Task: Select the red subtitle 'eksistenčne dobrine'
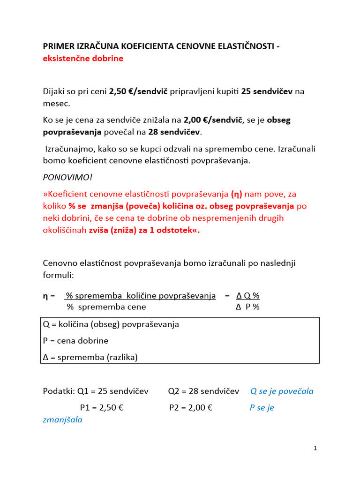pyautogui.click(x=83, y=58)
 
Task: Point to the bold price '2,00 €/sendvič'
pyautogui.click(x=213, y=120)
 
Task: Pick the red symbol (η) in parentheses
pyautogui.click(x=236, y=194)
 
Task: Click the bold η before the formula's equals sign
pyautogui.click(x=45, y=296)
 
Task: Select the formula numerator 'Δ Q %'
pyautogui.click(x=248, y=296)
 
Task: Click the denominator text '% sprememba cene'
pyautogui.click(x=106, y=307)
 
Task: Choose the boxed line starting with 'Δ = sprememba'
pyautogui.click(x=90, y=357)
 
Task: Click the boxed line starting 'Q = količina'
pyautogui.click(x=111, y=324)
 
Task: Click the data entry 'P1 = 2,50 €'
pyautogui.click(x=101, y=408)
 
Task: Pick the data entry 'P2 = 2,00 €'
pyautogui.click(x=191, y=408)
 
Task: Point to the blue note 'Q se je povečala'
pyautogui.click(x=282, y=391)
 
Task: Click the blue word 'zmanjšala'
pyautogui.click(x=62, y=420)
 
